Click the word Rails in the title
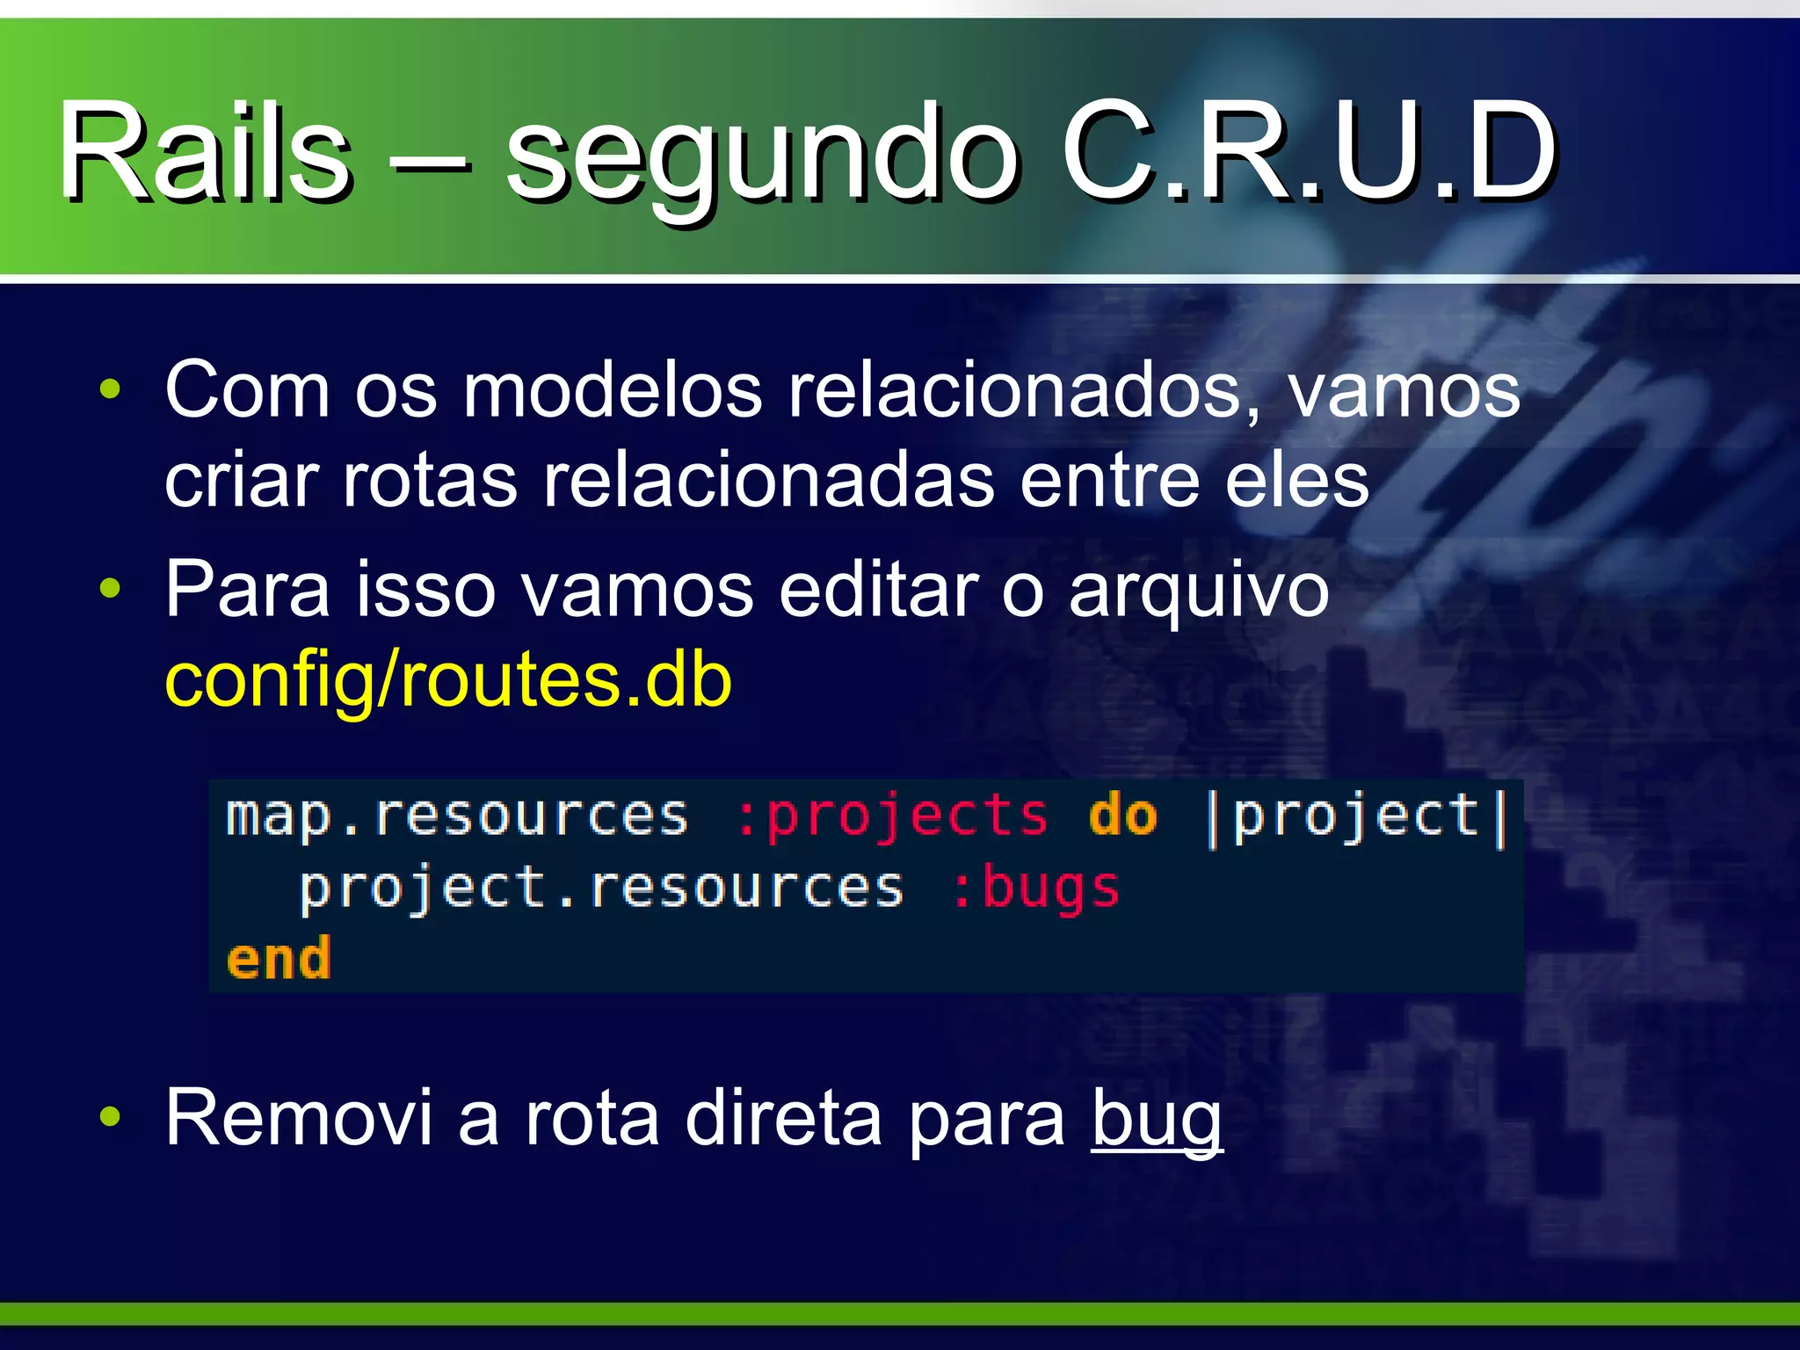tap(204, 151)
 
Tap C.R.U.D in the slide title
tap(1310, 151)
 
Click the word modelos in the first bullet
tap(613, 391)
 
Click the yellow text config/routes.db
tap(448, 681)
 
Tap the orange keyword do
tap(1122, 816)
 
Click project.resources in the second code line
tap(601, 888)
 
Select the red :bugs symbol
tap(1035, 888)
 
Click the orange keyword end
tap(279, 958)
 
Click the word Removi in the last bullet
tap(299, 1118)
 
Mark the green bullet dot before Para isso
tap(110, 588)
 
